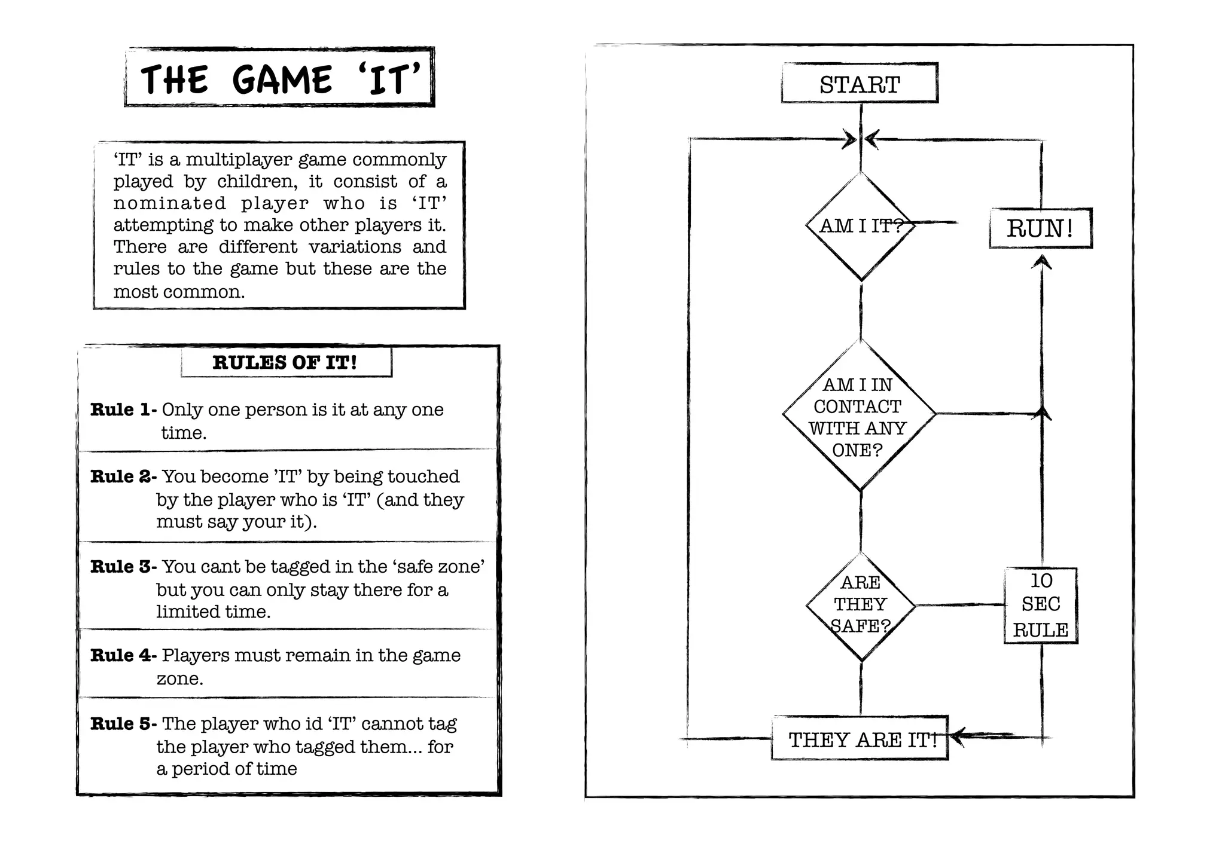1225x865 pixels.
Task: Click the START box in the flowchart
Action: (860, 84)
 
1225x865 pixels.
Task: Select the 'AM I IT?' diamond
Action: (860, 226)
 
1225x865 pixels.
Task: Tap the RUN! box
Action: (1040, 228)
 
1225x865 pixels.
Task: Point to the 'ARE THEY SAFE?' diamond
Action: (861, 605)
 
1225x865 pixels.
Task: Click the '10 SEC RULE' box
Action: (1041, 605)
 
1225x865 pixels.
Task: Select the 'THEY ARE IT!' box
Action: (860, 739)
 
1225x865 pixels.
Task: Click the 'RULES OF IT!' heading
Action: (285, 362)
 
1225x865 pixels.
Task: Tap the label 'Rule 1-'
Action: (123, 410)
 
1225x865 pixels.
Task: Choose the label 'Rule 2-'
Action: (123, 476)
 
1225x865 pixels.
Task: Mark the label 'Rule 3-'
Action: (123, 567)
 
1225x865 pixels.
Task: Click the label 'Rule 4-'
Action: (123, 655)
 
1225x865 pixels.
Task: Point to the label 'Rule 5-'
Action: (123, 724)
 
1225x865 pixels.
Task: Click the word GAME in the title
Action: (282, 80)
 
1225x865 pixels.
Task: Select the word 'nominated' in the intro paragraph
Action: (169, 203)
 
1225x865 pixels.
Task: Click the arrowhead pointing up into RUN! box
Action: (1042, 262)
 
